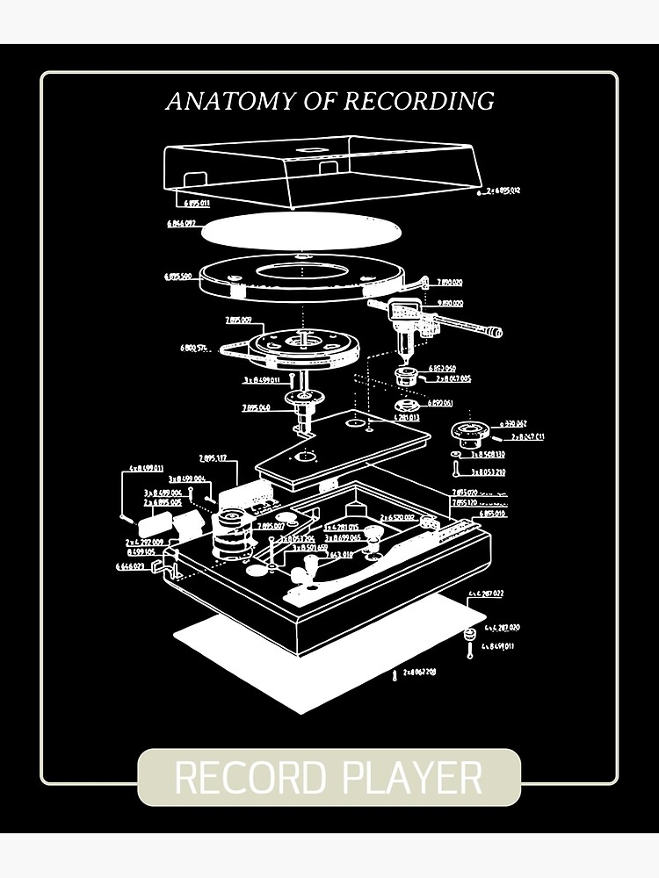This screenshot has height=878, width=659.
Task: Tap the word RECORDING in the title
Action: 418,101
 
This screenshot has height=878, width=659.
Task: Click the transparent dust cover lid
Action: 325,167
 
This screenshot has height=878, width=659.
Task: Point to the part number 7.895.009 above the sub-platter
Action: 238,320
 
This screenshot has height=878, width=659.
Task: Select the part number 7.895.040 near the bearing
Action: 257,408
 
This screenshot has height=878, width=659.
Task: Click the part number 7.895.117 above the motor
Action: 214,458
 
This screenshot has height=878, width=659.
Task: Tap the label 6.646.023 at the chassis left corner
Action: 133,567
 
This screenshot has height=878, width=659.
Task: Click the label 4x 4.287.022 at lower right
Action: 486,594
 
